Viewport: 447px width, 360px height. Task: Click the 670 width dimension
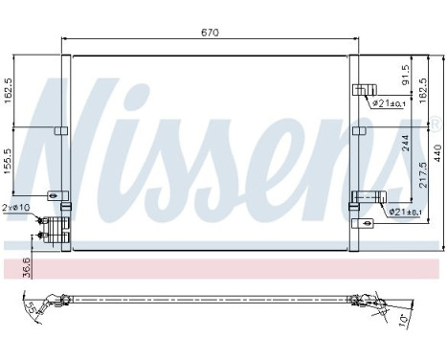(x=211, y=33)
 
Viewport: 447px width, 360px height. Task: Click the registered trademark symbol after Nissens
(x=436, y=123)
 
